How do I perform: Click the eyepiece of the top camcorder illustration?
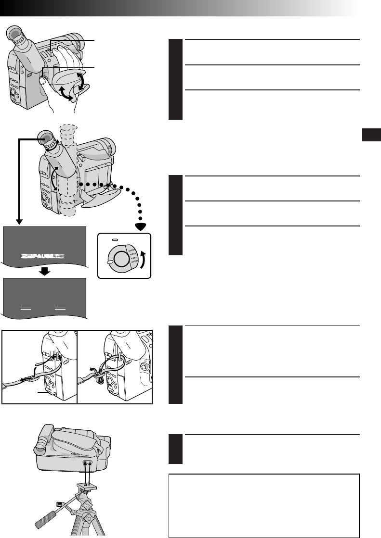17,36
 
